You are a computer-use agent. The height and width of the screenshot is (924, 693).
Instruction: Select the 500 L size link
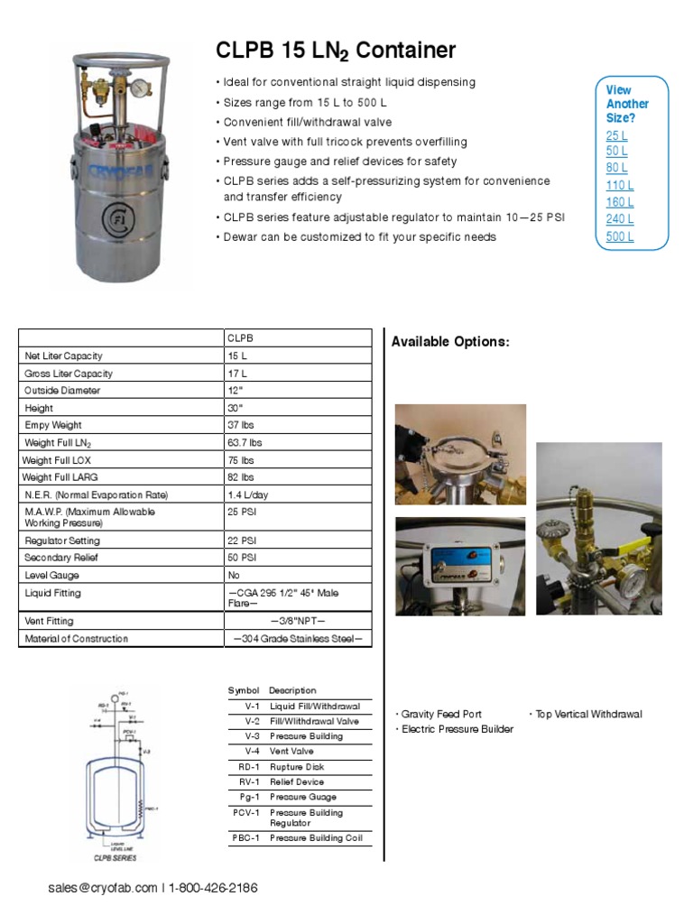(x=620, y=236)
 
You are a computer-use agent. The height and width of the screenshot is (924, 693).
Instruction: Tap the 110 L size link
(x=619, y=186)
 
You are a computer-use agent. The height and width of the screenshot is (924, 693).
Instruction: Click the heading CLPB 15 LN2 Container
(x=336, y=51)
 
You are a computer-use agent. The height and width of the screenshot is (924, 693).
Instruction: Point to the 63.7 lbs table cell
(x=245, y=443)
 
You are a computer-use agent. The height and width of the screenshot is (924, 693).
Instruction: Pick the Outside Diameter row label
(x=62, y=391)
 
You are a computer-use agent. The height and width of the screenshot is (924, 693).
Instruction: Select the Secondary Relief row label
(x=61, y=558)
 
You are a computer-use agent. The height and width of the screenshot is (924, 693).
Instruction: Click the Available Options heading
(x=450, y=342)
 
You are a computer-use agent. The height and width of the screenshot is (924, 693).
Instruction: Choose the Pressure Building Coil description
(x=315, y=838)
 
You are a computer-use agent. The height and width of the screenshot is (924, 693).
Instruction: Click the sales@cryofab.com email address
(x=103, y=888)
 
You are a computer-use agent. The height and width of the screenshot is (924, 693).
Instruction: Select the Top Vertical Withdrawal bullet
(x=588, y=714)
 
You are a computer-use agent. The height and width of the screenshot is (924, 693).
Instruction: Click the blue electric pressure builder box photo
(x=460, y=567)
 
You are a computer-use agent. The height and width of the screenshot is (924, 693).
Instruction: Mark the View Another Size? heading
(x=627, y=104)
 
